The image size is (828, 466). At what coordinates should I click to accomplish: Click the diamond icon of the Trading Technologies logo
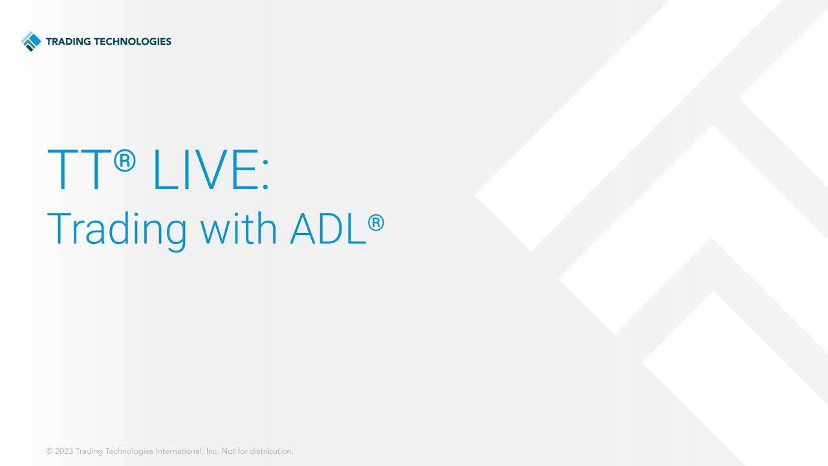coord(30,41)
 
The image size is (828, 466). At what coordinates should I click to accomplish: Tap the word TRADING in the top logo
coord(69,41)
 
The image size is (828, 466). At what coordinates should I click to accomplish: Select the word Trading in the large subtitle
coord(116,228)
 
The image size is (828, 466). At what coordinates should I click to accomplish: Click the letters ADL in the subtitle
coord(327,228)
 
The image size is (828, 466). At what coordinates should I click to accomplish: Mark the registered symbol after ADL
coord(376,223)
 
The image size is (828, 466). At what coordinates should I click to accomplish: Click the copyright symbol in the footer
coord(49,451)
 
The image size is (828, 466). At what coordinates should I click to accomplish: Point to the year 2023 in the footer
coord(63,451)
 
